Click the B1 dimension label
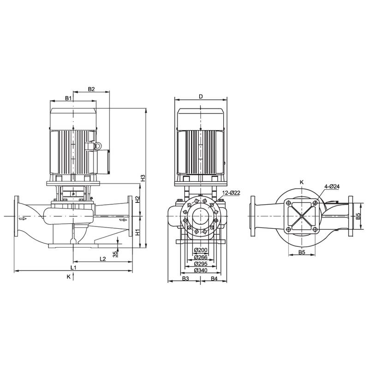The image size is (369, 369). (68, 98)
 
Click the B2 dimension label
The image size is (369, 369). (91, 89)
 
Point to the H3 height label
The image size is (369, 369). (143, 178)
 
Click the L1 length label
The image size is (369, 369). (73, 268)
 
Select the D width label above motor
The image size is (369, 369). (201, 96)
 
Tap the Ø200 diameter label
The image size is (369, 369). (200, 250)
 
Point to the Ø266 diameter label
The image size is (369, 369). (200, 257)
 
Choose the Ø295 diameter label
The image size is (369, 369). (200, 263)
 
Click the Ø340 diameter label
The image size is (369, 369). (200, 270)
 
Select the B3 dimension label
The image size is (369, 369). (185, 279)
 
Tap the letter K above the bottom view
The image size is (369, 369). (302, 182)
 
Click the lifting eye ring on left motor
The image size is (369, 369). (97, 146)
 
